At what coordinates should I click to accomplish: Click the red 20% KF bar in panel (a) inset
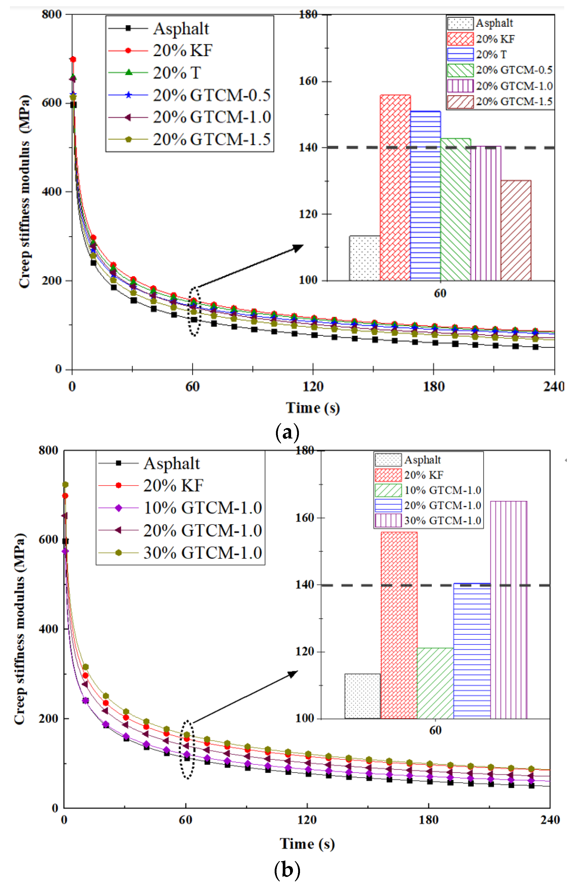[395, 187]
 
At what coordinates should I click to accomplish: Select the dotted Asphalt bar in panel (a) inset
[365, 258]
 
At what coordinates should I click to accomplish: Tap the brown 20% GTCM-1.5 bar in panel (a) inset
[516, 230]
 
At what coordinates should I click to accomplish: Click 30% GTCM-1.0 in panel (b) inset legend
[442, 521]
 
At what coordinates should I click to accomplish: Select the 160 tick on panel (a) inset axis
[309, 81]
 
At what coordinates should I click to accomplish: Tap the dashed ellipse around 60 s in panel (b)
[187, 749]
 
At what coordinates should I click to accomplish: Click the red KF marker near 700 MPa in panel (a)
[73, 59]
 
